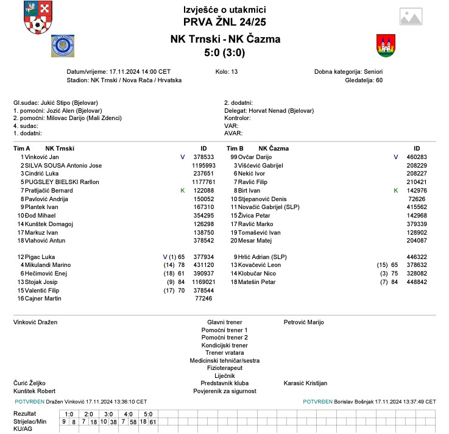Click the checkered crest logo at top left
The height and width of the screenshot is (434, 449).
click(38, 18)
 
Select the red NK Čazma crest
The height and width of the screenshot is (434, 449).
click(385, 46)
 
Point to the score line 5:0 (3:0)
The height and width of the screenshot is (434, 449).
click(225, 53)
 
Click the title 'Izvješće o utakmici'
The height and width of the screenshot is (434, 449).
click(225, 10)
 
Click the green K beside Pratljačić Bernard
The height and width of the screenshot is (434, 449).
click(182, 191)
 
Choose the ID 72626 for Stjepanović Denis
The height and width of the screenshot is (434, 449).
click(417, 199)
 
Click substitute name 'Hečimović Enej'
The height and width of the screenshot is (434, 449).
click(48, 273)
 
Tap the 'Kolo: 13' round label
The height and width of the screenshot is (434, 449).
click(227, 71)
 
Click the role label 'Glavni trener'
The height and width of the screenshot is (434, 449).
click(225, 322)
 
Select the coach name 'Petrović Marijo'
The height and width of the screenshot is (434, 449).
click(304, 322)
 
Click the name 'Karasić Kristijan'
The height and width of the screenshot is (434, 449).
click(305, 383)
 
